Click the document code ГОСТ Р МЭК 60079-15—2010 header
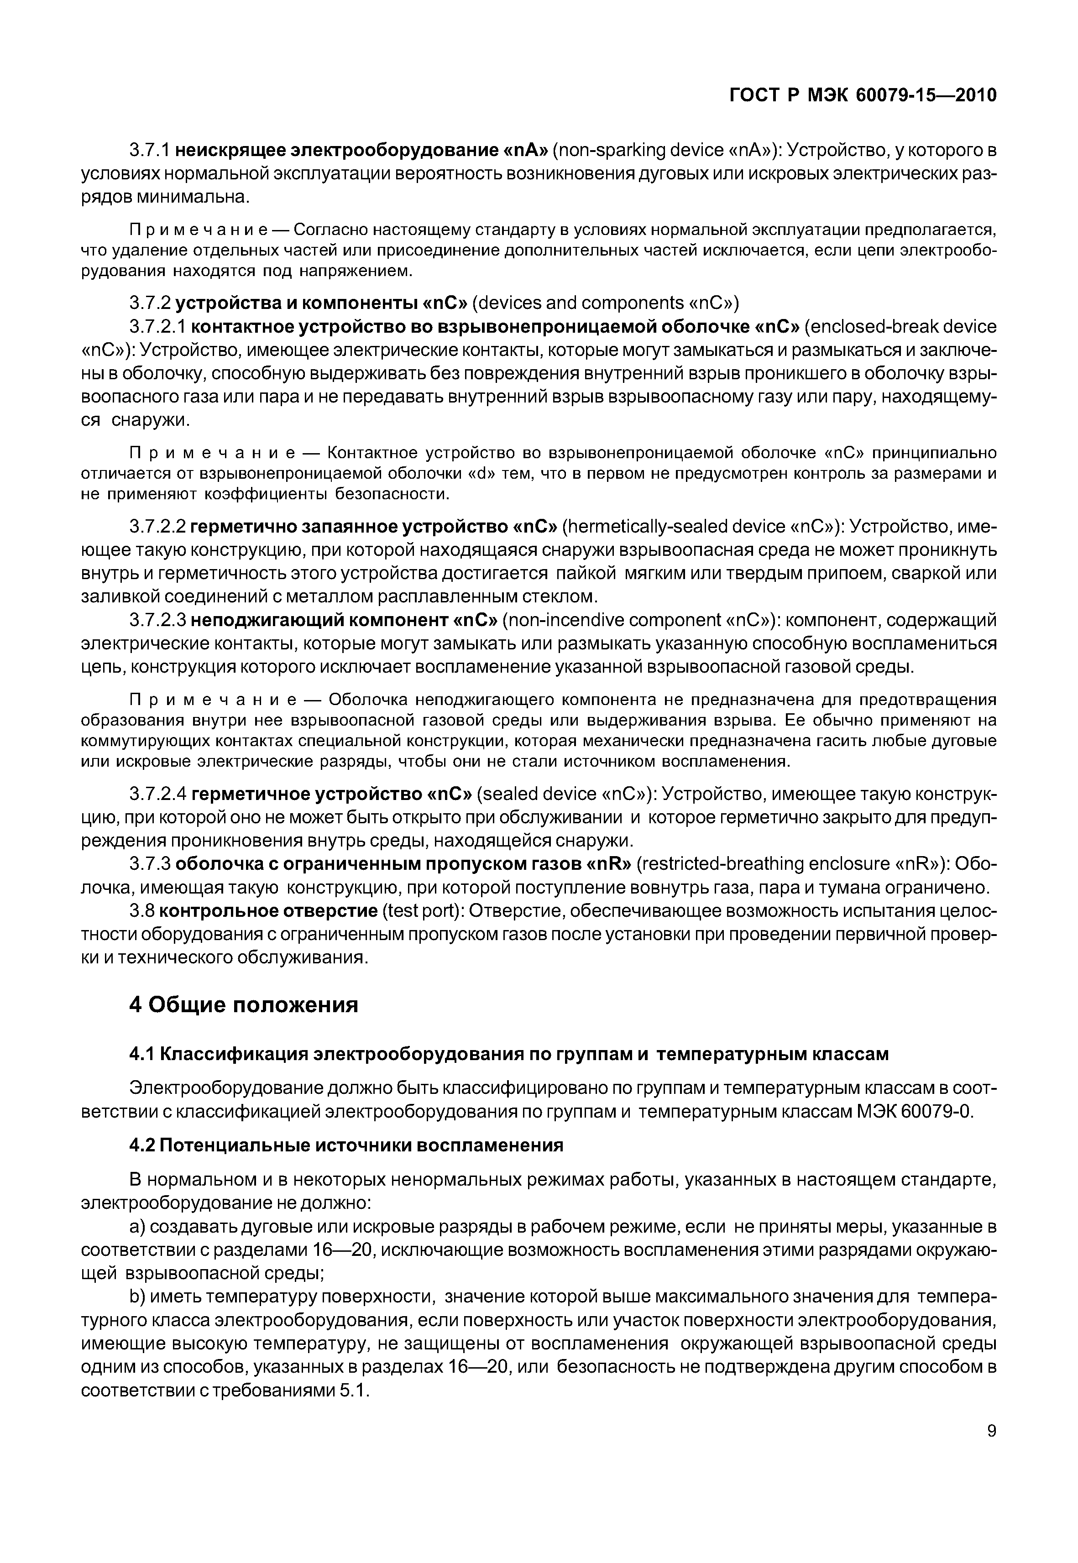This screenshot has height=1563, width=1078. [863, 96]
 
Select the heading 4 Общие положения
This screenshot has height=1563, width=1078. [243, 1005]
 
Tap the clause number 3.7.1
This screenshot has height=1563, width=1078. [152, 150]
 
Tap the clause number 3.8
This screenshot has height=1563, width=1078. [142, 911]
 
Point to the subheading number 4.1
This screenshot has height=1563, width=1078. [142, 1054]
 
